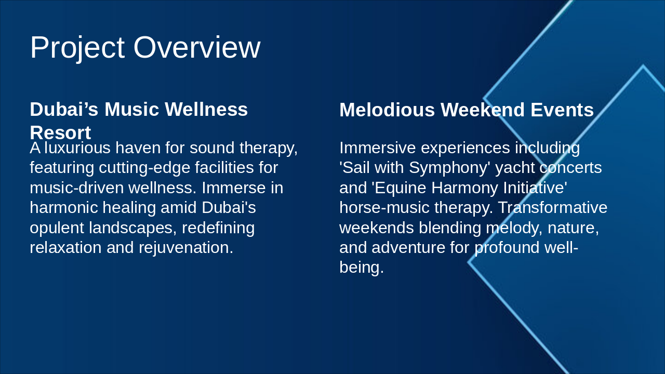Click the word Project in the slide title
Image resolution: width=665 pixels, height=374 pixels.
77,48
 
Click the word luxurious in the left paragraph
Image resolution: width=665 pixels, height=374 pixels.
77,148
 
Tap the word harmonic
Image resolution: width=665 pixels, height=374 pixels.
64,208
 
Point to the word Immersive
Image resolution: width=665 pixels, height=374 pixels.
378,148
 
